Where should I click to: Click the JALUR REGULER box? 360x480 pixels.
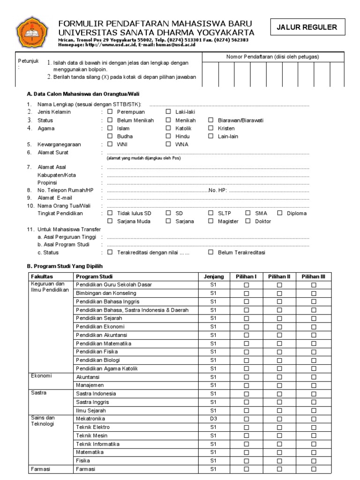[x=307, y=27]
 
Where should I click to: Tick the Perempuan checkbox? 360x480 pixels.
[x=110, y=112]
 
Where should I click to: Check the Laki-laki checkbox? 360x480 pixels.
[x=168, y=112]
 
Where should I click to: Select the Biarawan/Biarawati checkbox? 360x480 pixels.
[x=211, y=120]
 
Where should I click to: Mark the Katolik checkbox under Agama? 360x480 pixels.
[x=168, y=128]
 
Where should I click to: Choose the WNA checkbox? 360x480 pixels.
[x=168, y=144]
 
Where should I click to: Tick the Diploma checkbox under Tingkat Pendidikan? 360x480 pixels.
[x=280, y=213]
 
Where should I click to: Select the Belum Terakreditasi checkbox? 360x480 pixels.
[x=211, y=252]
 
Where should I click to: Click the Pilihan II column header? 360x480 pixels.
[x=279, y=277]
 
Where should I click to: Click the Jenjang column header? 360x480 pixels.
[x=214, y=277]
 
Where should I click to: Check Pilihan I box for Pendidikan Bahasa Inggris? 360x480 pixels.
[x=246, y=301]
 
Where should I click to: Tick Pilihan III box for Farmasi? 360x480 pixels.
[x=314, y=469]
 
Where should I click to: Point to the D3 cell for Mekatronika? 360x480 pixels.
[x=214, y=419]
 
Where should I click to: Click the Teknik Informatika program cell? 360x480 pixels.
[x=97, y=444]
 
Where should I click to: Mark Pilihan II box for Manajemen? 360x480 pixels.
[x=279, y=385]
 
